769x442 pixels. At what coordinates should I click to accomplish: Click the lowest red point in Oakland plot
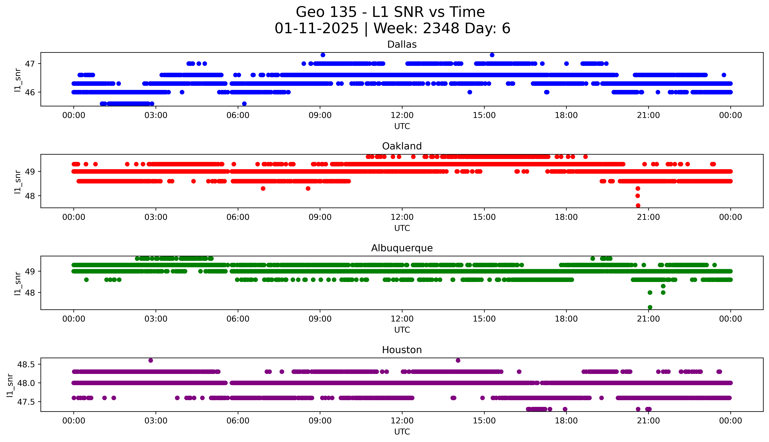click(638, 205)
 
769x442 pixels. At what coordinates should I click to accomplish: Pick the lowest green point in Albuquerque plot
click(650, 307)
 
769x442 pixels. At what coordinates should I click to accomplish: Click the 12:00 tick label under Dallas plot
click(402, 115)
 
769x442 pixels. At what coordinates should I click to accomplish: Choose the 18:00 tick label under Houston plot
click(566, 421)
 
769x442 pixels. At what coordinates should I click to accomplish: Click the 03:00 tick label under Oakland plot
click(156, 217)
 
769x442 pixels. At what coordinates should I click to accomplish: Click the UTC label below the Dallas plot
click(402, 126)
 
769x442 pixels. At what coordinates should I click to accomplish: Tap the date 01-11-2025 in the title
click(316, 29)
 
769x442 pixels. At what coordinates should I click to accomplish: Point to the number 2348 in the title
click(441, 29)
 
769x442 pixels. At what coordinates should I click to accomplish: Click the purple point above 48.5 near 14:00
click(458, 360)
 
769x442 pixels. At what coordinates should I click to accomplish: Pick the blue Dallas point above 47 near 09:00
click(323, 55)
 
